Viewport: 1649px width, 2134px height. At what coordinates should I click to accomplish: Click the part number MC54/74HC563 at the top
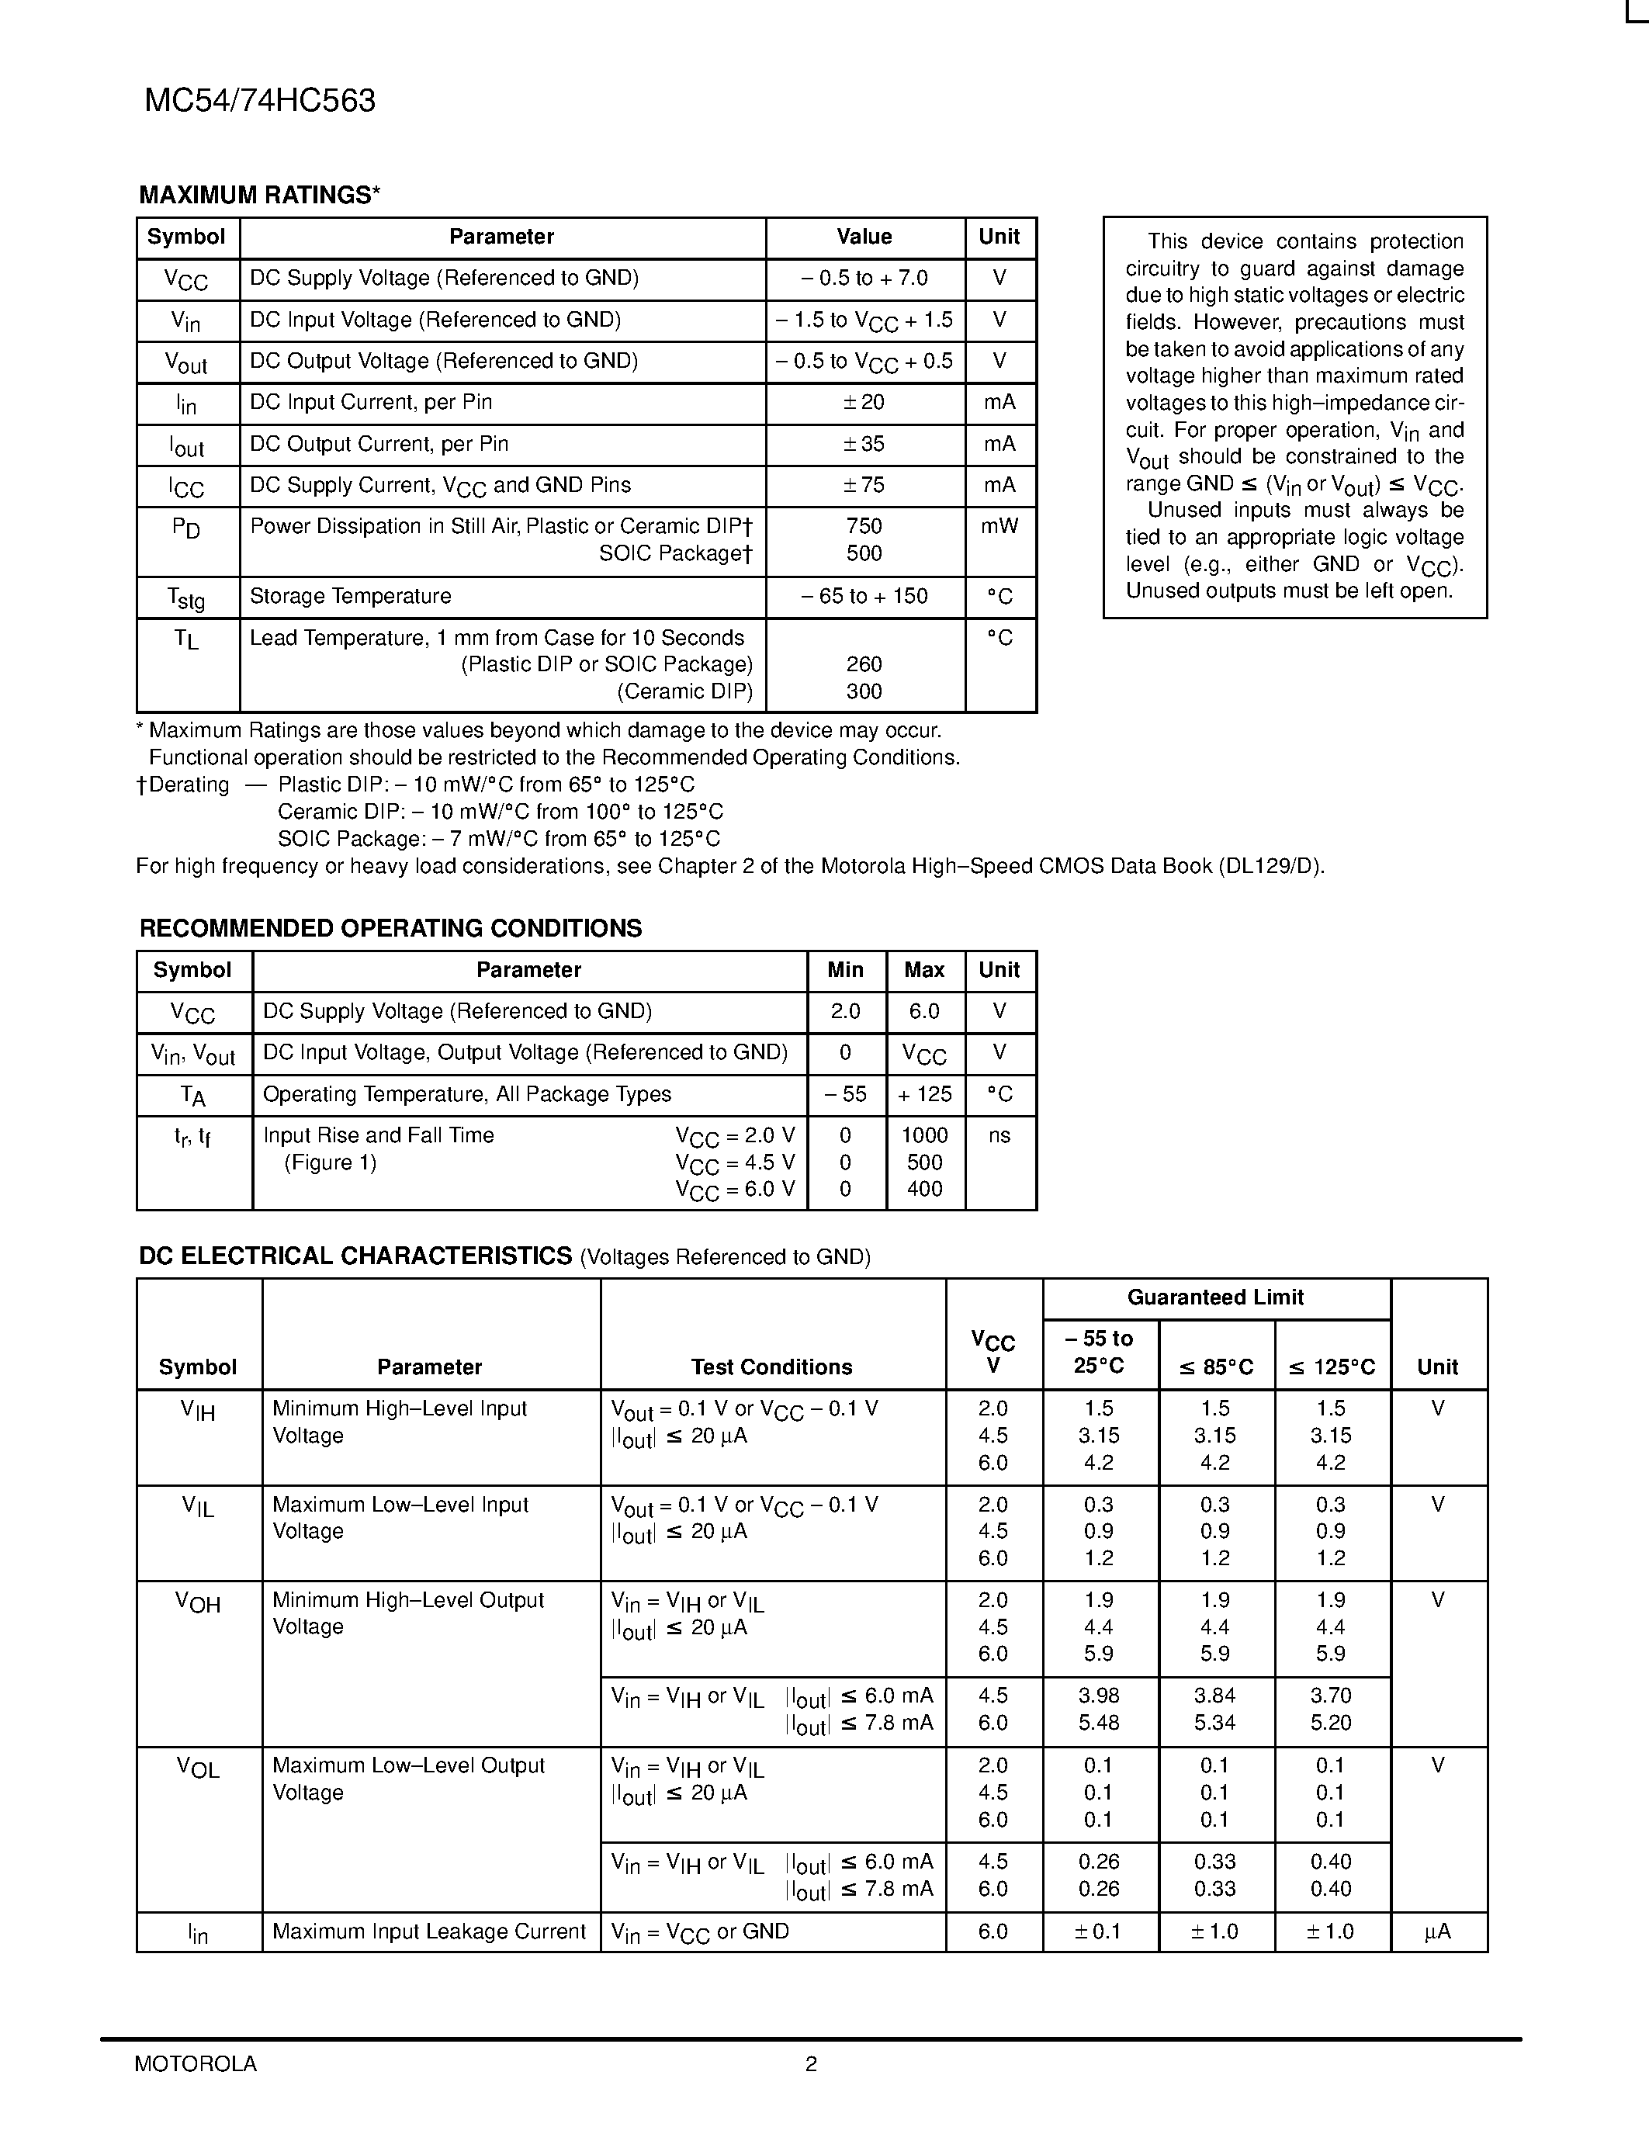[260, 101]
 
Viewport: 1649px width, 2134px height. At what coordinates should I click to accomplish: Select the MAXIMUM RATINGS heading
[259, 196]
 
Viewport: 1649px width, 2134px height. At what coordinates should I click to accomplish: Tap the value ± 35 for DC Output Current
[864, 445]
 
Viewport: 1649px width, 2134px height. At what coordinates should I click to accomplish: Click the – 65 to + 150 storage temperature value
[864, 596]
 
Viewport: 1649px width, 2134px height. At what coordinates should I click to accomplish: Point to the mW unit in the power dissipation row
[999, 527]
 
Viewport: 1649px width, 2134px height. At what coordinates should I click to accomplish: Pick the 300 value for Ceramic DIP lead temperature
[864, 691]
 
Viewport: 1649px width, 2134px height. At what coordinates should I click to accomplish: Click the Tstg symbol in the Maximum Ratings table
[185, 597]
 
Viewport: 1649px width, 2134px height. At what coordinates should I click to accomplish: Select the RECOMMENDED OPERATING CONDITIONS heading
[391, 928]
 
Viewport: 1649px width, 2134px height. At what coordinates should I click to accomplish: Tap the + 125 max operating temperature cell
[924, 1094]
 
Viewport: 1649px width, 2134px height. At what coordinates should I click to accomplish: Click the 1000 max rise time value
[924, 1135]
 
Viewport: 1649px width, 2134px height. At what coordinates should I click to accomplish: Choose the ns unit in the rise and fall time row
[999, 1135]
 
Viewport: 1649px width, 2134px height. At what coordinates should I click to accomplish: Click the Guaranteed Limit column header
[1215, 1297]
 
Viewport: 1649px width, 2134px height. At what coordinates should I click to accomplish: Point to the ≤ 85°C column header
[1215, 1367]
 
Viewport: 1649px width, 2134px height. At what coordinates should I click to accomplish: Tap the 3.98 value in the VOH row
[1099, 1696]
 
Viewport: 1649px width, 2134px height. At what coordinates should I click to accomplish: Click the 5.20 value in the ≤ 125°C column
[1331, 1723]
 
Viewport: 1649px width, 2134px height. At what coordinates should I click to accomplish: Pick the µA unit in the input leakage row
[1437, 1931]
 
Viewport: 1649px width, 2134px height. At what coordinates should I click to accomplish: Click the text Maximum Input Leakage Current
[429, 1931]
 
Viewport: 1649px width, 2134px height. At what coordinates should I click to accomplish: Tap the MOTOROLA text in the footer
[196, 2063]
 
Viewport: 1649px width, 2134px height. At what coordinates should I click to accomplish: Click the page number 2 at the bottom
[811, 2063]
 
